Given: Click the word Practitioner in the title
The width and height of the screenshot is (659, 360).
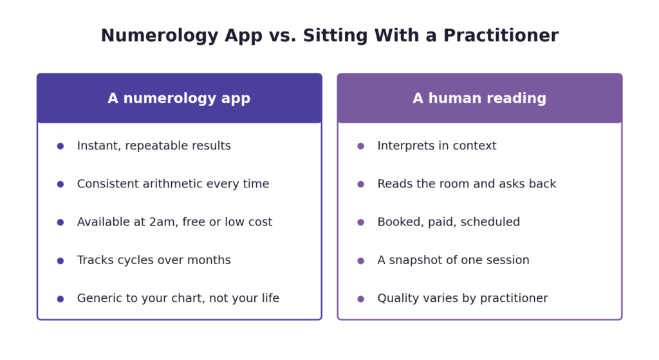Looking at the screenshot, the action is pos(501,35).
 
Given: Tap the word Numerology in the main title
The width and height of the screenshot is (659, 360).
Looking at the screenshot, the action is pos(160,36).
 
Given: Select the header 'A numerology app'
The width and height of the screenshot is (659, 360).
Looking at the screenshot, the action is pos(179,99).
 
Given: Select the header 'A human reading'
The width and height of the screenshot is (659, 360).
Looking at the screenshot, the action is pos(479,99).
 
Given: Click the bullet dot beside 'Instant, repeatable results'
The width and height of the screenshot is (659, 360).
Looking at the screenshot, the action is pos(60,146).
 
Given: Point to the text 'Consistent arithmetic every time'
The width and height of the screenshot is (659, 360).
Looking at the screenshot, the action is pos(173,184).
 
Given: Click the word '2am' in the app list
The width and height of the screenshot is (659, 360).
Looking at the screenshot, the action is pos(159,222).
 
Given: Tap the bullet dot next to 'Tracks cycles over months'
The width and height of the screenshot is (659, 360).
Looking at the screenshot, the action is pos(60,261).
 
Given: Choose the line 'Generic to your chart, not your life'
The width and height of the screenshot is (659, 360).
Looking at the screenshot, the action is pos(178,298).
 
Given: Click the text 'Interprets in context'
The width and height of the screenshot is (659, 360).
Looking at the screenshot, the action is pos(437,146).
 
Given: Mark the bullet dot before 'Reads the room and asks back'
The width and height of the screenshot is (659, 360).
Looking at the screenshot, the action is pos(360,184).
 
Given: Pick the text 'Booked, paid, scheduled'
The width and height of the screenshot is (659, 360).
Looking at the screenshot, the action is pos(449,222).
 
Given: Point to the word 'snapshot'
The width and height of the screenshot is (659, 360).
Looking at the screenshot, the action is pos(416,260).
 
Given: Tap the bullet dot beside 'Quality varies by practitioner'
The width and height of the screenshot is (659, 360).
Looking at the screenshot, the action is pos(360,299).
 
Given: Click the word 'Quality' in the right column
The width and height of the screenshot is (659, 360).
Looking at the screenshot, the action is pos(394,299).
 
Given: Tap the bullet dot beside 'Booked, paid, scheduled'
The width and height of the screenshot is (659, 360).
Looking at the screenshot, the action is pos(360,222).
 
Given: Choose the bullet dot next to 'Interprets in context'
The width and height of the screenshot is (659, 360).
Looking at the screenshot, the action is pos(360,146).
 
